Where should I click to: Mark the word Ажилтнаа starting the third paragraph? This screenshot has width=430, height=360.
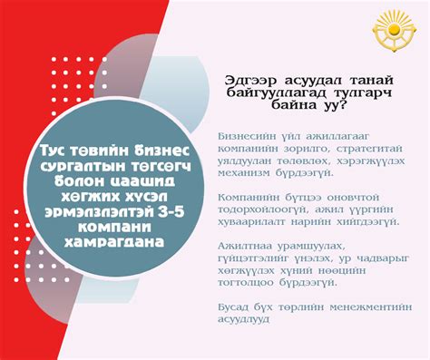click(x=242, y=247)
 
